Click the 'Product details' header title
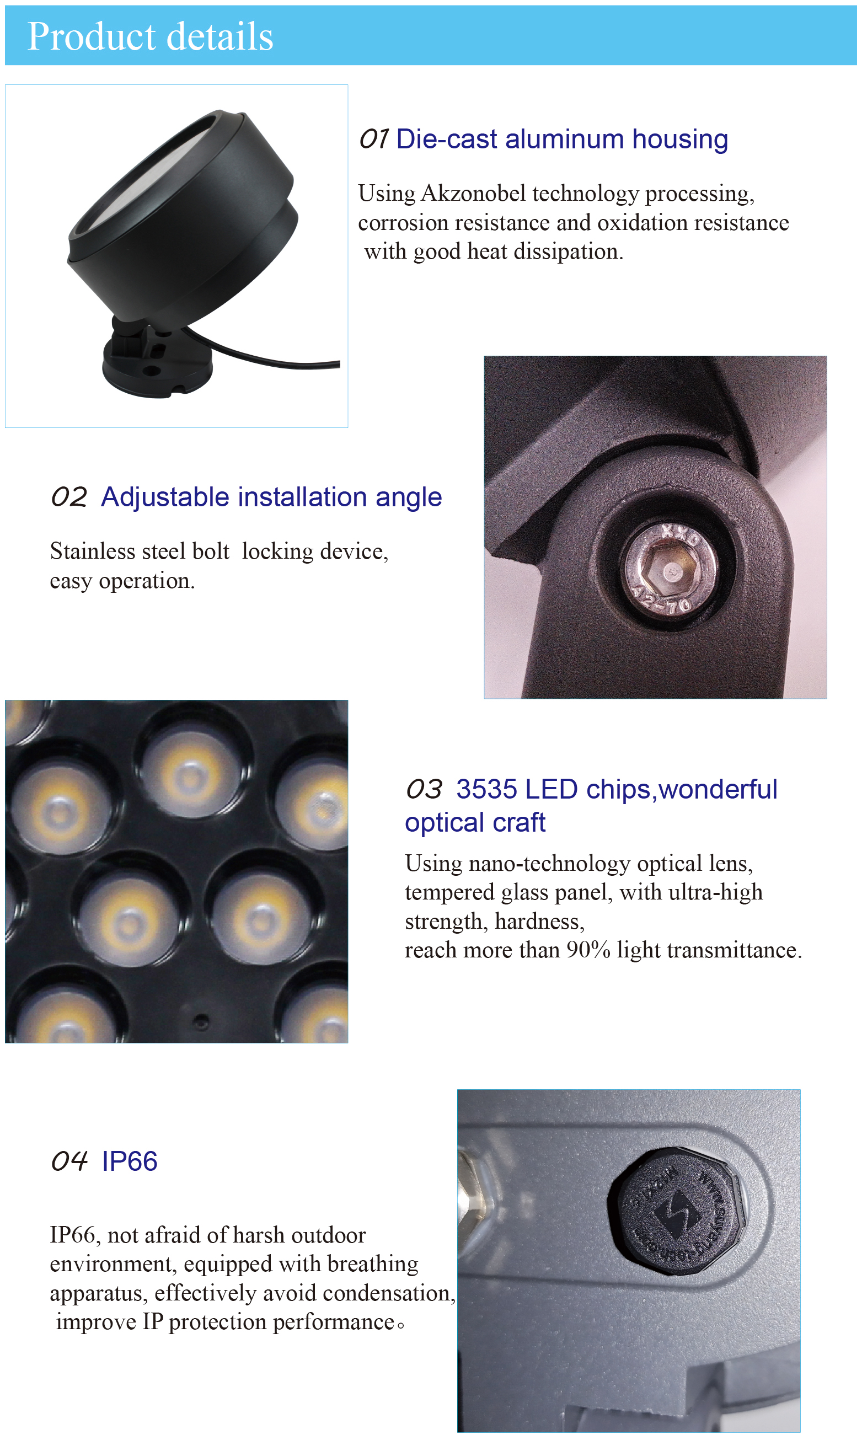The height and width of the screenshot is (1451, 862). click(x=150, y=36)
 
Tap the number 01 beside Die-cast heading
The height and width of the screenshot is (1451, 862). click(x=373, y=140)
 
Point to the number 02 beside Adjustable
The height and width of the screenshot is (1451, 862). click(x=68, y=497)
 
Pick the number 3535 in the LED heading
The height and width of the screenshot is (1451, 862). click(x=486, y=789)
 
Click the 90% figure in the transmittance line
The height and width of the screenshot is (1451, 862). click(x=588, y=950)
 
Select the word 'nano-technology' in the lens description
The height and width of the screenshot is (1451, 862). click(x=549, y=864)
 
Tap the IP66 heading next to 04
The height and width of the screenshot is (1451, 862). click(x=130, y=1161)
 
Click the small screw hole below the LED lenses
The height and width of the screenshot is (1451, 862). click(x=201, y=1021)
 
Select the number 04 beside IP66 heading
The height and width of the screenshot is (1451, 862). click(x=68, y=1161)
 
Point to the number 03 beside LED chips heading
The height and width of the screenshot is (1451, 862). click(x=424, y=789)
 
